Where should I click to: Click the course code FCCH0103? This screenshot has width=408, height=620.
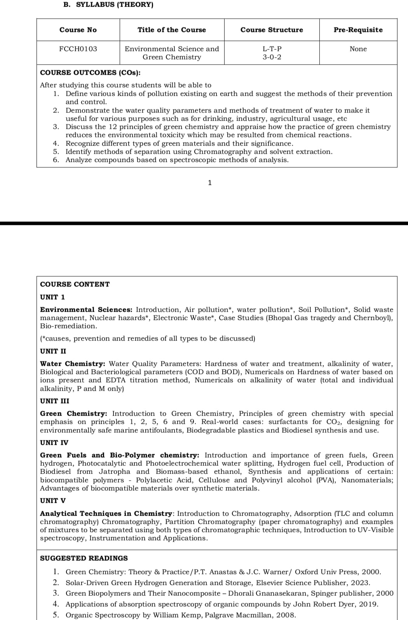[x=78, y=49]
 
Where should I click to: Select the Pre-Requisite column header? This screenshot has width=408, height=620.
[x=358, y=30]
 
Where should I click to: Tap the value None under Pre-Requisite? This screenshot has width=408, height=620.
[x=358, y=49]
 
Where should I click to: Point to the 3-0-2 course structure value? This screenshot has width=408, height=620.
[x=272, y=57]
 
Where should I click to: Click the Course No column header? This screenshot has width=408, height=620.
[x=78, y=30]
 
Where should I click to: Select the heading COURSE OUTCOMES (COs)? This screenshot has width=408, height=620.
[x=91, y=73]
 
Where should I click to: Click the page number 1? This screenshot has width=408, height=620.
[x=210, y=183]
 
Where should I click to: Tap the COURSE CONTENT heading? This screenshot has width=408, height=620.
[x=75, y=285]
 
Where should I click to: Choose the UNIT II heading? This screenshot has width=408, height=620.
[x=53, y=351]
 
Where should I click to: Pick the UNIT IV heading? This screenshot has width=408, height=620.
[x=54, y=443]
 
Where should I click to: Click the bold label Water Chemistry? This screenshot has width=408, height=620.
[x=73, y=364]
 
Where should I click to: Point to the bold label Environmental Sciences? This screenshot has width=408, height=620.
[x=86, y=310]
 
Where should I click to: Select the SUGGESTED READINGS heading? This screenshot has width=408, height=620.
[x=84, y=558]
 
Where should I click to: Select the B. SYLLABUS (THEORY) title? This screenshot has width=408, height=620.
[x=108, y=5]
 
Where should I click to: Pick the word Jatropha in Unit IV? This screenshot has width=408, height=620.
[x=115, y=472]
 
